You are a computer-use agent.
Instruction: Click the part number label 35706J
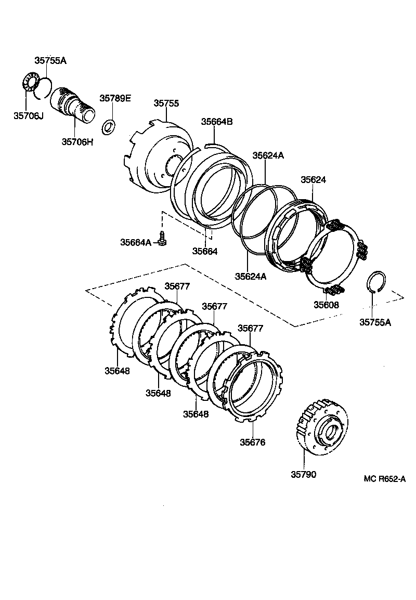tap(28, 115)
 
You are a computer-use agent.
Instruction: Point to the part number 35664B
tap(217, 121)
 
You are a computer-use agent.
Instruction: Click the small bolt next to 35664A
tap(163, 239)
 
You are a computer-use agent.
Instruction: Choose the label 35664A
tap(136, 242)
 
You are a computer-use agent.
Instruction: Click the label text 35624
tap(313, 179)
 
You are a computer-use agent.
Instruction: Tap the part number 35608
tap(326, 305)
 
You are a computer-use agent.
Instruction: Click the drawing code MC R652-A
tap(384, 478)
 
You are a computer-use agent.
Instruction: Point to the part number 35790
tap(303, 474)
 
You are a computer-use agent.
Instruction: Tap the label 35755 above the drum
tap(166, 103)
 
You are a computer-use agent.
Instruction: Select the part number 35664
tap(204, 251)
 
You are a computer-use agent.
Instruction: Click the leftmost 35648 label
tap(117, 371)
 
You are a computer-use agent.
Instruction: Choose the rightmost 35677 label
tap(250, 328)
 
